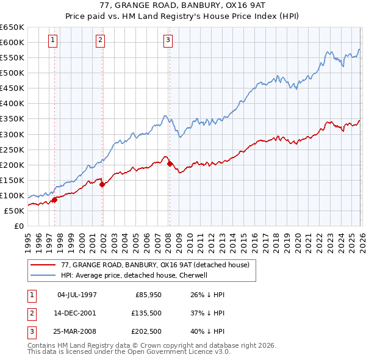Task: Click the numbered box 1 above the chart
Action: (x=54, y=41)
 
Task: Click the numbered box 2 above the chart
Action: (x=101, y=41)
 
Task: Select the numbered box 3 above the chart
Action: (x=168, y=41)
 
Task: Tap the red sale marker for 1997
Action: (x=54, y=199)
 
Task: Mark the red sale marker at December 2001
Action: (x=102, y=184)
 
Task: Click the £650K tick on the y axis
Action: (x=12, y=27)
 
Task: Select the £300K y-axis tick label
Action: (x=12, y=134)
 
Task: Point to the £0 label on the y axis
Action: (x=18, y=226)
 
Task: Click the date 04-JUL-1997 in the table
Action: (x=77, y=294)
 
